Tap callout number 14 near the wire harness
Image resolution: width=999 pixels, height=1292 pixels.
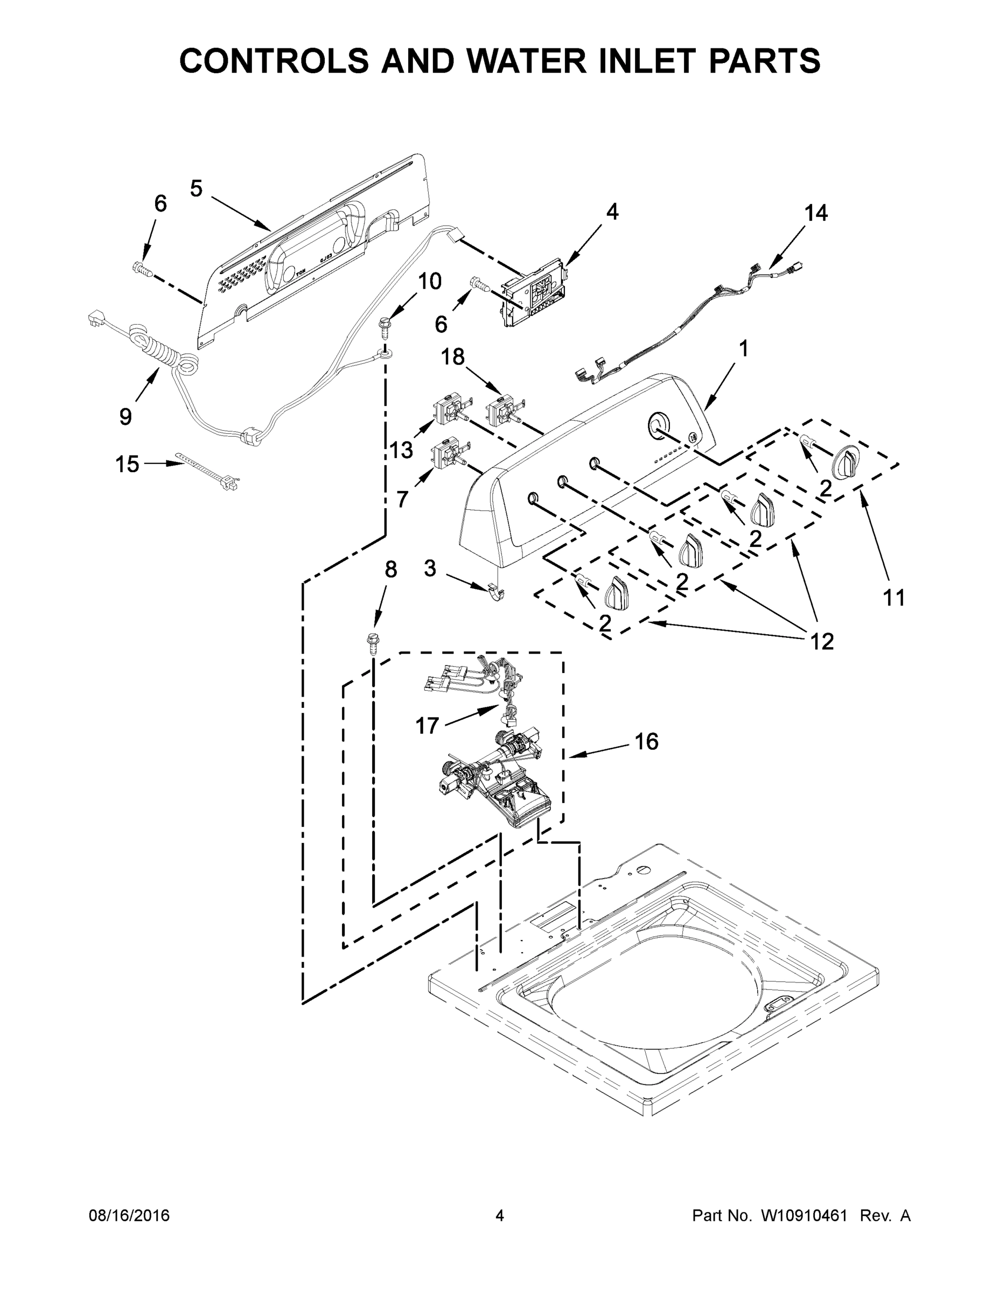point(815,213)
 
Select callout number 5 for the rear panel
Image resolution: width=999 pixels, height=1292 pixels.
point(197,189)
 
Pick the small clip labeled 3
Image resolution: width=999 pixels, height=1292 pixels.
point(495,592)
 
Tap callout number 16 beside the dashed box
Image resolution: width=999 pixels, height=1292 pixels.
point(646,741)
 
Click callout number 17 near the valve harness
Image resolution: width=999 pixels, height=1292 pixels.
point(427,725)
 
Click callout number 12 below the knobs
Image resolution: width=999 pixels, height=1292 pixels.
point(822,641)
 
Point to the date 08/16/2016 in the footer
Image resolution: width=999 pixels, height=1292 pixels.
point(129,1216)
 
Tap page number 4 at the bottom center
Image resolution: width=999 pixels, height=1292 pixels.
point(500,1216)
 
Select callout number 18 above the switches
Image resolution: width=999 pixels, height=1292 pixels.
point(453,357)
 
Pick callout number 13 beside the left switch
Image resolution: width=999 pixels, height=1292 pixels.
point(401,450)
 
